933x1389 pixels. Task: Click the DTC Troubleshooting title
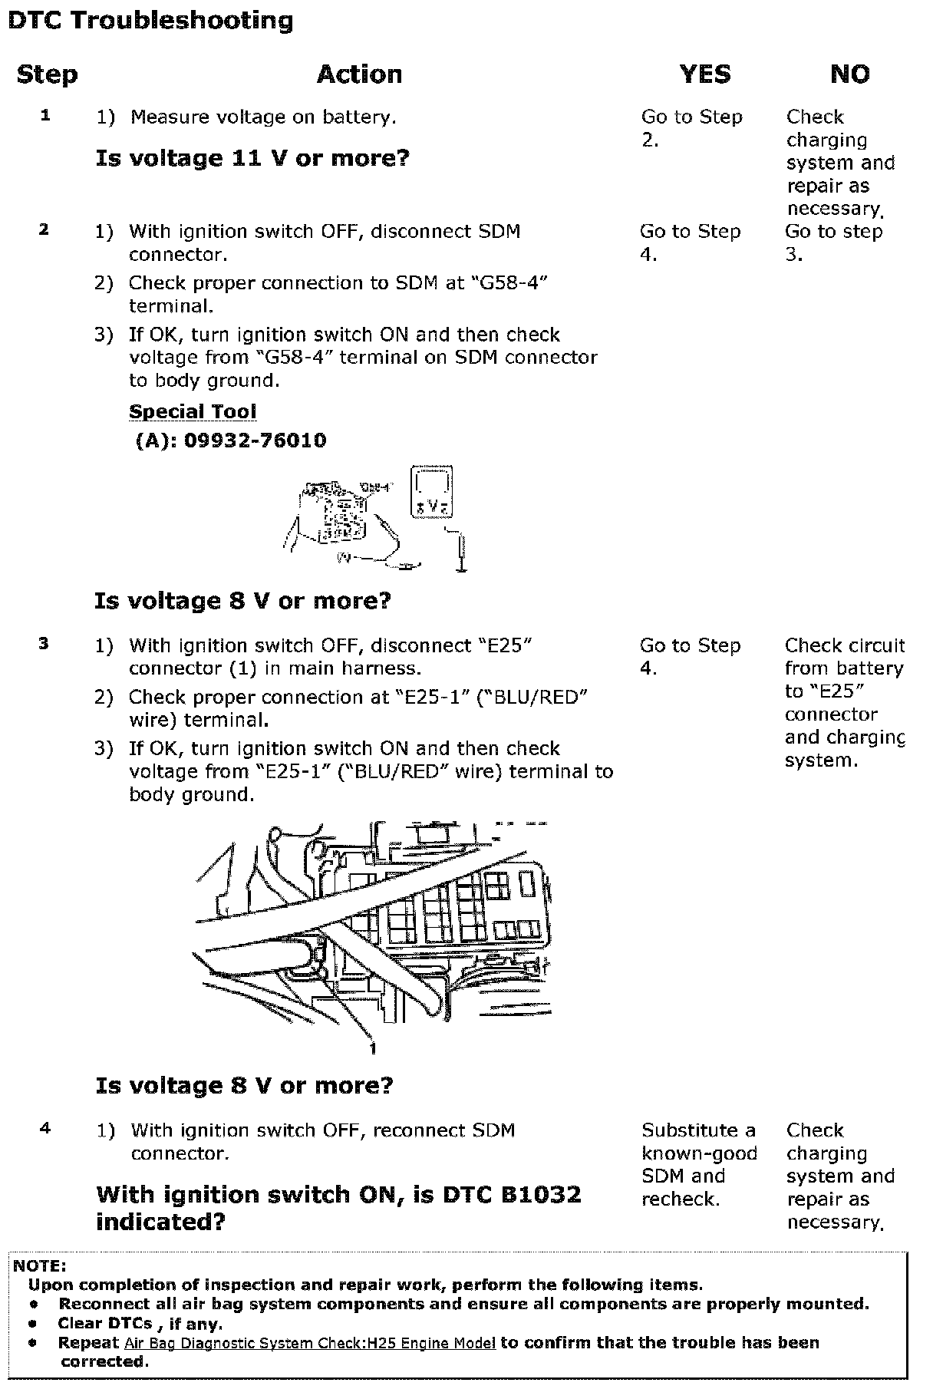tap(150, 21)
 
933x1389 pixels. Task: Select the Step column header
tap(47, 74)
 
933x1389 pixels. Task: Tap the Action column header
tap(359, 74)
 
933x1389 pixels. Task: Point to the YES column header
tap(704, 74)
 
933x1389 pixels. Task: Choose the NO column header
tap(849, 74)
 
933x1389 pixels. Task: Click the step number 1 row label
tap(45, 116)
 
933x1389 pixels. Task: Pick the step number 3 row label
tap(44, 644)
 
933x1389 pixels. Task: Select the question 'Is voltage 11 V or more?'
tap(252, 159)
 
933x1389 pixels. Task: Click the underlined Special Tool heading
tap(193, 411)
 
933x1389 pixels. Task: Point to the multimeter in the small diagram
tap(433, 491)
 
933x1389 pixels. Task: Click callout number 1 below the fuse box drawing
tap(373, 1049)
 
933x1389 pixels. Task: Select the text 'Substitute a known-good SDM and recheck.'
tap(699, 1164)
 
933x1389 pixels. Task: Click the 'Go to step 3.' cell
tap(833, 242)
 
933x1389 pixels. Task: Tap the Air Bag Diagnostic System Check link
tap(309, 1343)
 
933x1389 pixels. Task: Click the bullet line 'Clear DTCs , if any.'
tap(140, 1323)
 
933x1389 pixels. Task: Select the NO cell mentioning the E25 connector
tap(844, 702)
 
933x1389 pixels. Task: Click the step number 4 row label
tap(45, 1128)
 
